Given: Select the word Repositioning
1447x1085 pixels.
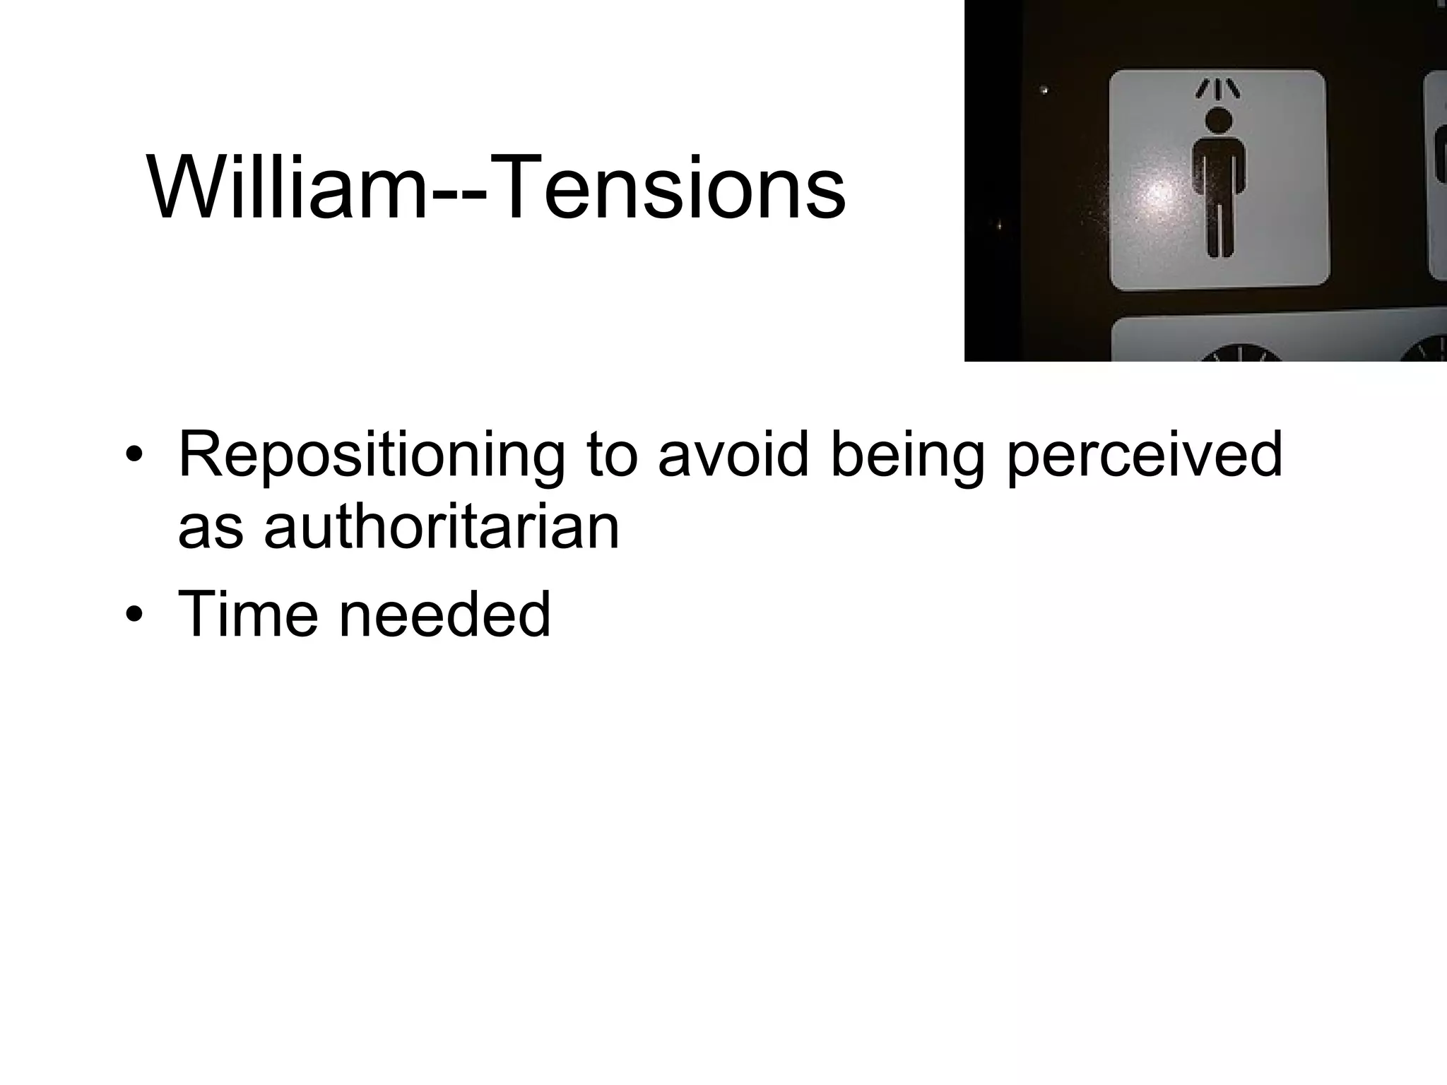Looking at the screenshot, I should tap(372, 456).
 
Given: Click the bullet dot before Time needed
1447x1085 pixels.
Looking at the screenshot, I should tap(132, 615).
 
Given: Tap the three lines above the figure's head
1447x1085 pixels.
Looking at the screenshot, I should tap(1217, 89).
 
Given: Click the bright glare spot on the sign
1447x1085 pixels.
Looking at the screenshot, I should tap(1159, 198).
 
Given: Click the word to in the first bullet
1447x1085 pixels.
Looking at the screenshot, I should tap(612, 456).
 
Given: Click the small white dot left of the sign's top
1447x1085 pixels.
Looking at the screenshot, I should tap(1044, 90).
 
